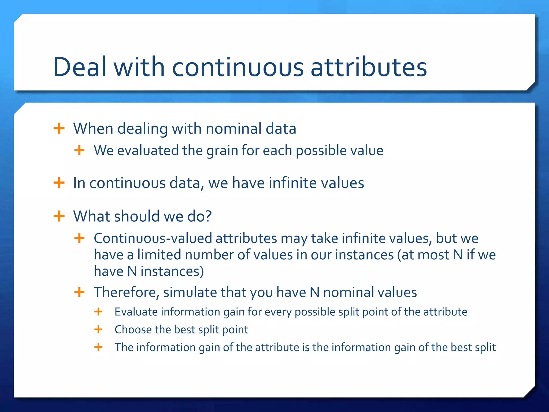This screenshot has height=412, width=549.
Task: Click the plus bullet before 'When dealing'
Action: (59, 128)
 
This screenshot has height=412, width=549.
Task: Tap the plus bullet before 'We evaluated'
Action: (79, 150)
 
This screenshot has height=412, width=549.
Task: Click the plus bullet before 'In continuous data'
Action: (59, 183)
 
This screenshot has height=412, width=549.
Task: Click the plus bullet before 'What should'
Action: (59, 216)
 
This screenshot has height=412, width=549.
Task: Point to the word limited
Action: (159, 255)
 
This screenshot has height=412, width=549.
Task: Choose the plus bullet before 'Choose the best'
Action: (98, 329)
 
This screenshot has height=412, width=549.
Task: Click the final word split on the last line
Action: (485, 348)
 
